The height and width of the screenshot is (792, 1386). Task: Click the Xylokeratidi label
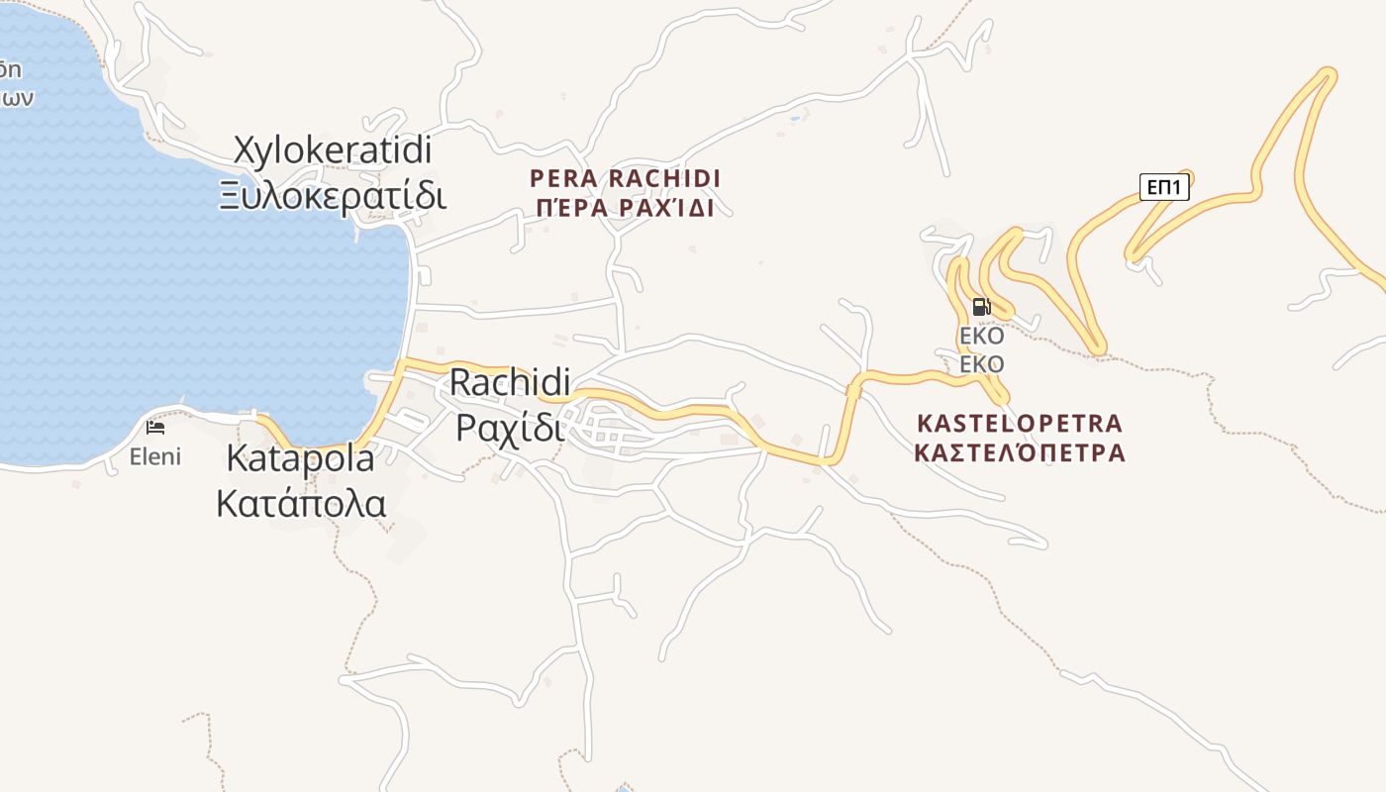click(x=334, y=150)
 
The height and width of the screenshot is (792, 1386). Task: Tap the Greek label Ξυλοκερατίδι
click(x=334, y=195)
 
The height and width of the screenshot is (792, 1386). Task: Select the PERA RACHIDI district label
click(x=625, y=179)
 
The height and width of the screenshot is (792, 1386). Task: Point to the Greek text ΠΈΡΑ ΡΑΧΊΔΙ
click(x=625, y=208)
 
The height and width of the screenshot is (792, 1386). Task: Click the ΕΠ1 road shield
click(x=1164, y=186)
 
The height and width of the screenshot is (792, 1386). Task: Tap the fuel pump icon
click(x=982, y=307)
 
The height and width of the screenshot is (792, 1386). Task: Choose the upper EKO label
click(x=982, y=336)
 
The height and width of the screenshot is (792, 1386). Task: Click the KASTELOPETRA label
click(x=1020, y=424)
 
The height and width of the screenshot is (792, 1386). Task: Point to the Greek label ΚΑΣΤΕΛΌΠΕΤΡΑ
click(x=1020, y=453)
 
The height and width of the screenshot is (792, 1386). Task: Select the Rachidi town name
click(x=511, y=383)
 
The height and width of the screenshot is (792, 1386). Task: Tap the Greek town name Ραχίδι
click(x=511, y=428)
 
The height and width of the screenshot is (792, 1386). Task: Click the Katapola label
click(x=301, y=458)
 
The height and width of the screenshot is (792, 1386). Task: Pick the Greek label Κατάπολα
click(x=301, y=503)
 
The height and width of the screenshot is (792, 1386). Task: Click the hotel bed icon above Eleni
click(x=155, y=428)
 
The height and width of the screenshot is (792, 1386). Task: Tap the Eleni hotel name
click(x=155, y=456)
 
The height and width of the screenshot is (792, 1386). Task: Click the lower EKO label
click(x=982, y=364)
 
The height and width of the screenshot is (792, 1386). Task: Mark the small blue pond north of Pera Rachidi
click(x=794, y=119)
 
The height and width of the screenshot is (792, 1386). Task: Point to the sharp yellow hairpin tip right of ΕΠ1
click(x=1327, y=73)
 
